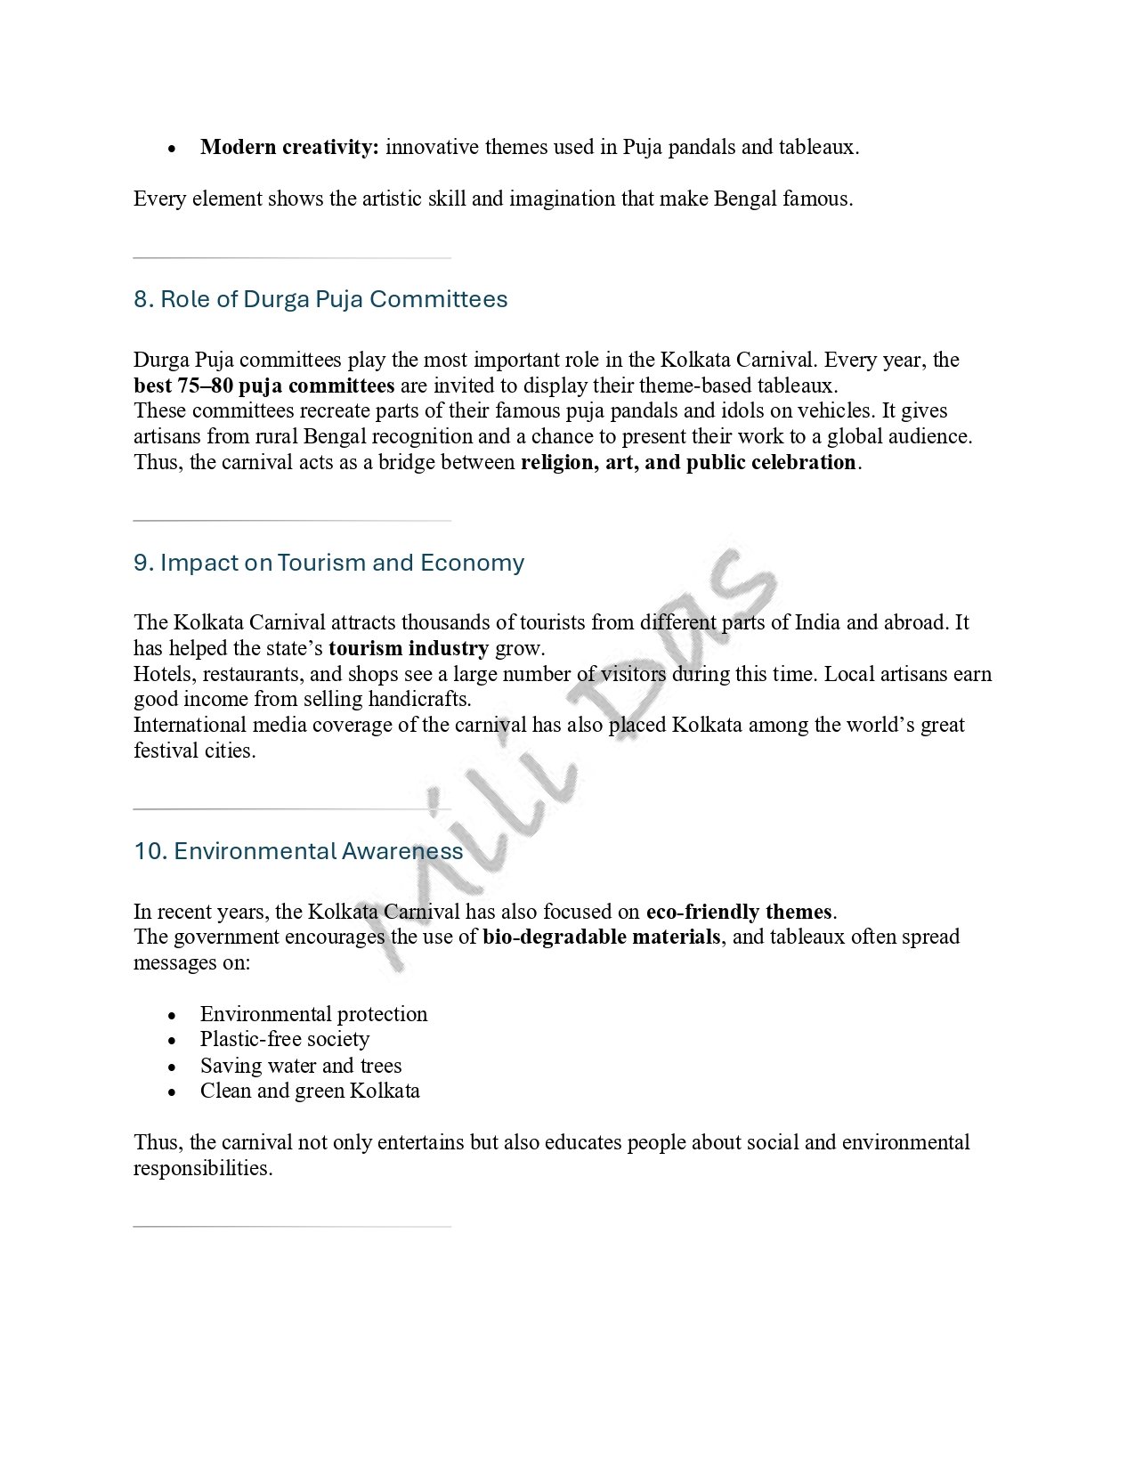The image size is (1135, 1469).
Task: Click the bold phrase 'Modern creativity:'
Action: click(289, 148)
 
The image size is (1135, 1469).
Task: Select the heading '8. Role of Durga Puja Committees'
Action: click(320, 299)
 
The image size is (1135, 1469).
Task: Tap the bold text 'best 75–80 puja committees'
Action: click(263, 386)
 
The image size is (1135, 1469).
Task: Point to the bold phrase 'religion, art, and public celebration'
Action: click(688, 463)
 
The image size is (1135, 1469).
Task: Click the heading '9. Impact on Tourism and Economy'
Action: click(328, 563)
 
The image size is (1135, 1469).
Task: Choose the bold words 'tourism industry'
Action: click(409, 648)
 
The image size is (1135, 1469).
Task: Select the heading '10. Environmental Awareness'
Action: click(298, 851)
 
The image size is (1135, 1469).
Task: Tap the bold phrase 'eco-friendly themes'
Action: click(739, 912)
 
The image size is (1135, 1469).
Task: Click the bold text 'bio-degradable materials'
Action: click(602, 937)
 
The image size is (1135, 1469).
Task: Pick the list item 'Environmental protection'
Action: click(313, 1014)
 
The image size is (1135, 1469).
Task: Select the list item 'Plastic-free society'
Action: click(285, 1040)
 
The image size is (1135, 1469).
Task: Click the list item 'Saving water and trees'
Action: click(301, 1066)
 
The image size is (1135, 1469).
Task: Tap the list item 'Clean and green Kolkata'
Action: click(310, 1092)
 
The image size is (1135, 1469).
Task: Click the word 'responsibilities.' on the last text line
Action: click(203, 1168)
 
